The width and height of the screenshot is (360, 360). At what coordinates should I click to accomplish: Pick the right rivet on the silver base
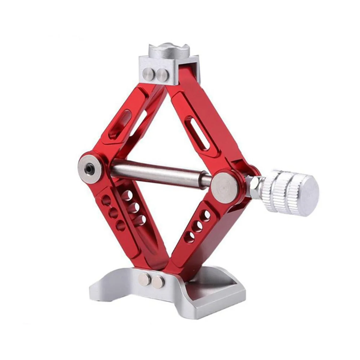[158, 282]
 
